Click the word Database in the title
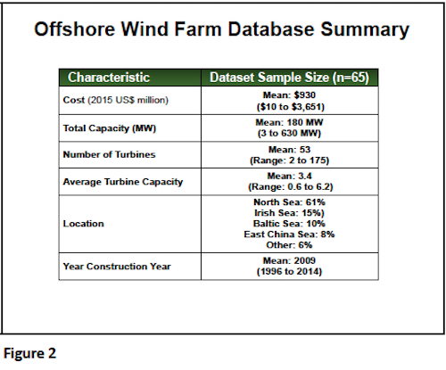271,29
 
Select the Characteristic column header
109,78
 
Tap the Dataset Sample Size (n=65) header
289,78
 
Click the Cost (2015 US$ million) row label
116,100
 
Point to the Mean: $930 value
289,95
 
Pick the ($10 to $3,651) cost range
291,107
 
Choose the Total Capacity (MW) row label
110,128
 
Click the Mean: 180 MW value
289,122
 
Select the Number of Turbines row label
109,154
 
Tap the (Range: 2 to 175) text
289,160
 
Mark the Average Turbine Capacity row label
123,182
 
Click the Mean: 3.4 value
289,176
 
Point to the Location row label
84,224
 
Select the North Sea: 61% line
289,202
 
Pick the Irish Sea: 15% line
289,213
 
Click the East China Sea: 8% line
289,234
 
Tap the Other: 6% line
289,245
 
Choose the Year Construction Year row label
117,267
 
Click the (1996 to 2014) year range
289,271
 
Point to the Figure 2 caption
29,353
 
